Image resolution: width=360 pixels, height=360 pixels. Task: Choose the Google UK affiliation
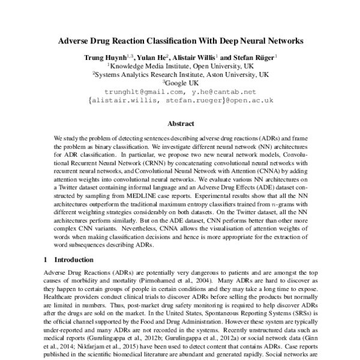tap(181, 83)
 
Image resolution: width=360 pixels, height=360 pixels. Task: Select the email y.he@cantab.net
tap(224, 92)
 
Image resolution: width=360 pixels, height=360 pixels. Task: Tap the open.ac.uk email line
tap(181, 100)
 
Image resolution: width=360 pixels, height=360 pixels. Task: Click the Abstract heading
tap(180, 124)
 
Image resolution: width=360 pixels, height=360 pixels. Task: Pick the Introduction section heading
tap(73, 260)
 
